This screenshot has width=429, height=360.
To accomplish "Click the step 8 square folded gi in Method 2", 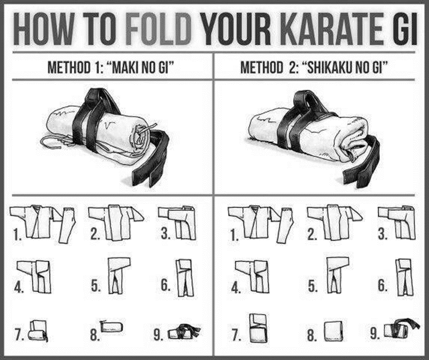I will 334,332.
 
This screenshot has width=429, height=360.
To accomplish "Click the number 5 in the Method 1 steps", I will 95,287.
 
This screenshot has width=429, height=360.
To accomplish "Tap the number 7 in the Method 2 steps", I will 236,337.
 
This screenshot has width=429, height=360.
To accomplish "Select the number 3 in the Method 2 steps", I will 383,235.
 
